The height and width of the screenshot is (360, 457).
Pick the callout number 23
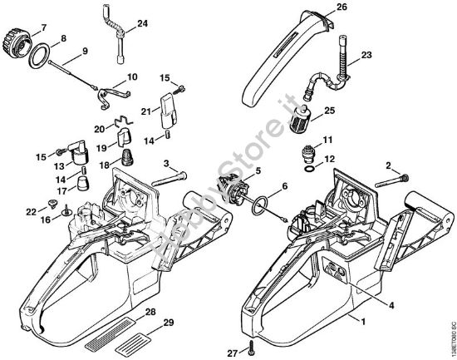(366, 57)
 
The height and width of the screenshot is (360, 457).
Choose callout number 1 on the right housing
(360, 318)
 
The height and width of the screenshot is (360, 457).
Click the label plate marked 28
(130, 319)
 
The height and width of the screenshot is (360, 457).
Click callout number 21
(145, 111)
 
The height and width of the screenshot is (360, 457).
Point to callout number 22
(31, 213)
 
